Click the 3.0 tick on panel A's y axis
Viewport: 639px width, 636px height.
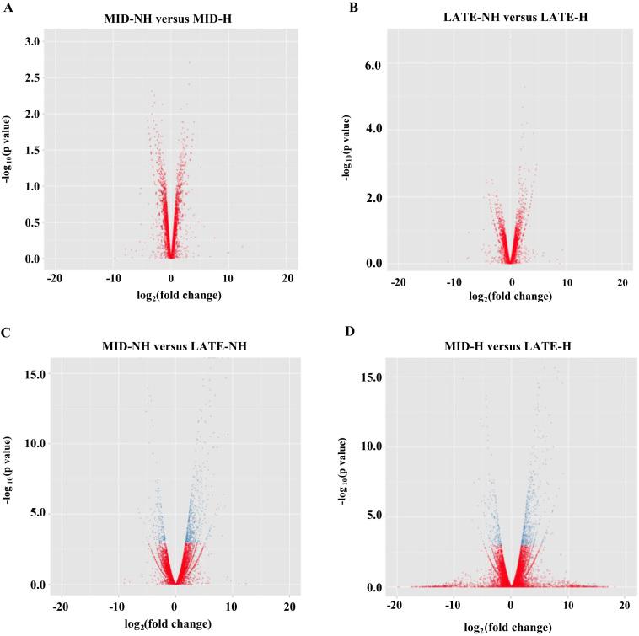pyautogui.click(x=30, y=41)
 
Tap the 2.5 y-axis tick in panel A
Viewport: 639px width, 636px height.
pyautogui.click(x=30, y=77)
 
